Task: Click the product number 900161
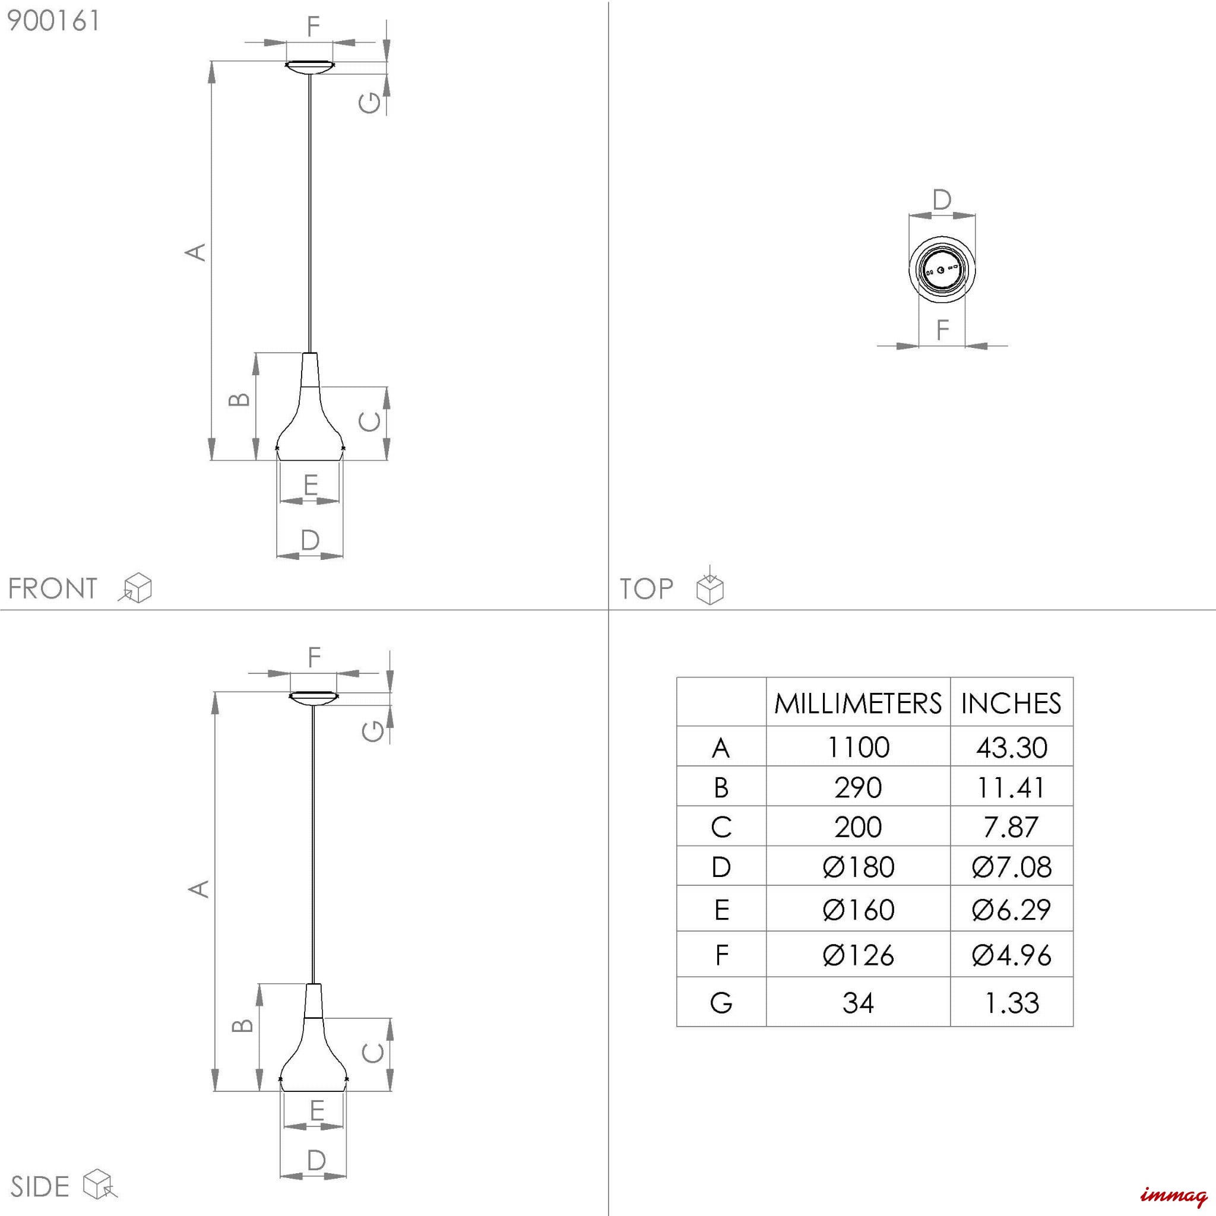[53, 21]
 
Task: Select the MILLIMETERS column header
[858, 703]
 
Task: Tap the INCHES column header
[1011, 703]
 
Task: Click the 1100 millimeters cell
[858, 747]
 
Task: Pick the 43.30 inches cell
[1011, 747]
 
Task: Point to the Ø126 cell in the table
[858, 955]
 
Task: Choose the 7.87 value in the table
[1011, 826]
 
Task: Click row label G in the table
[721, 1003]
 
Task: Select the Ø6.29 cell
[1011, 910]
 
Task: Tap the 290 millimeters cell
[858, 787]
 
